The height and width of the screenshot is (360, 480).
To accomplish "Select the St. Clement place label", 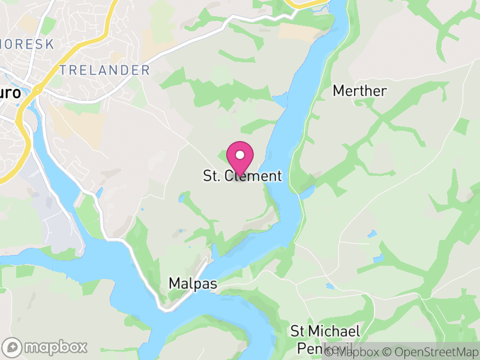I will pyautogui.click(x=242, y=176).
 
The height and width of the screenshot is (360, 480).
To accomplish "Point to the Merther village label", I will pyautogui.click(x=359, y=91).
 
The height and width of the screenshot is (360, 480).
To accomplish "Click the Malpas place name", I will pyautogui.click(x=192, y=283).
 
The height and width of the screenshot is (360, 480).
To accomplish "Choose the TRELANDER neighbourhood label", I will pyautogui.click(x=104, y=70).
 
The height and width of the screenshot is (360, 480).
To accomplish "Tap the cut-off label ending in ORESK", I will pyautogui.click(x=27, y=44).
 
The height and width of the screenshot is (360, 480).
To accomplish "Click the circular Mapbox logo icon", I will pyautogui.click(x=13, y=347).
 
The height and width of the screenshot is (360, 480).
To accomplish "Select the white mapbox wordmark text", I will pyautogui.click(x=55, y=347).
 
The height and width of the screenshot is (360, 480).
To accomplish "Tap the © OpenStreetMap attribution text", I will pyautogui.click(x=431, y=352).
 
